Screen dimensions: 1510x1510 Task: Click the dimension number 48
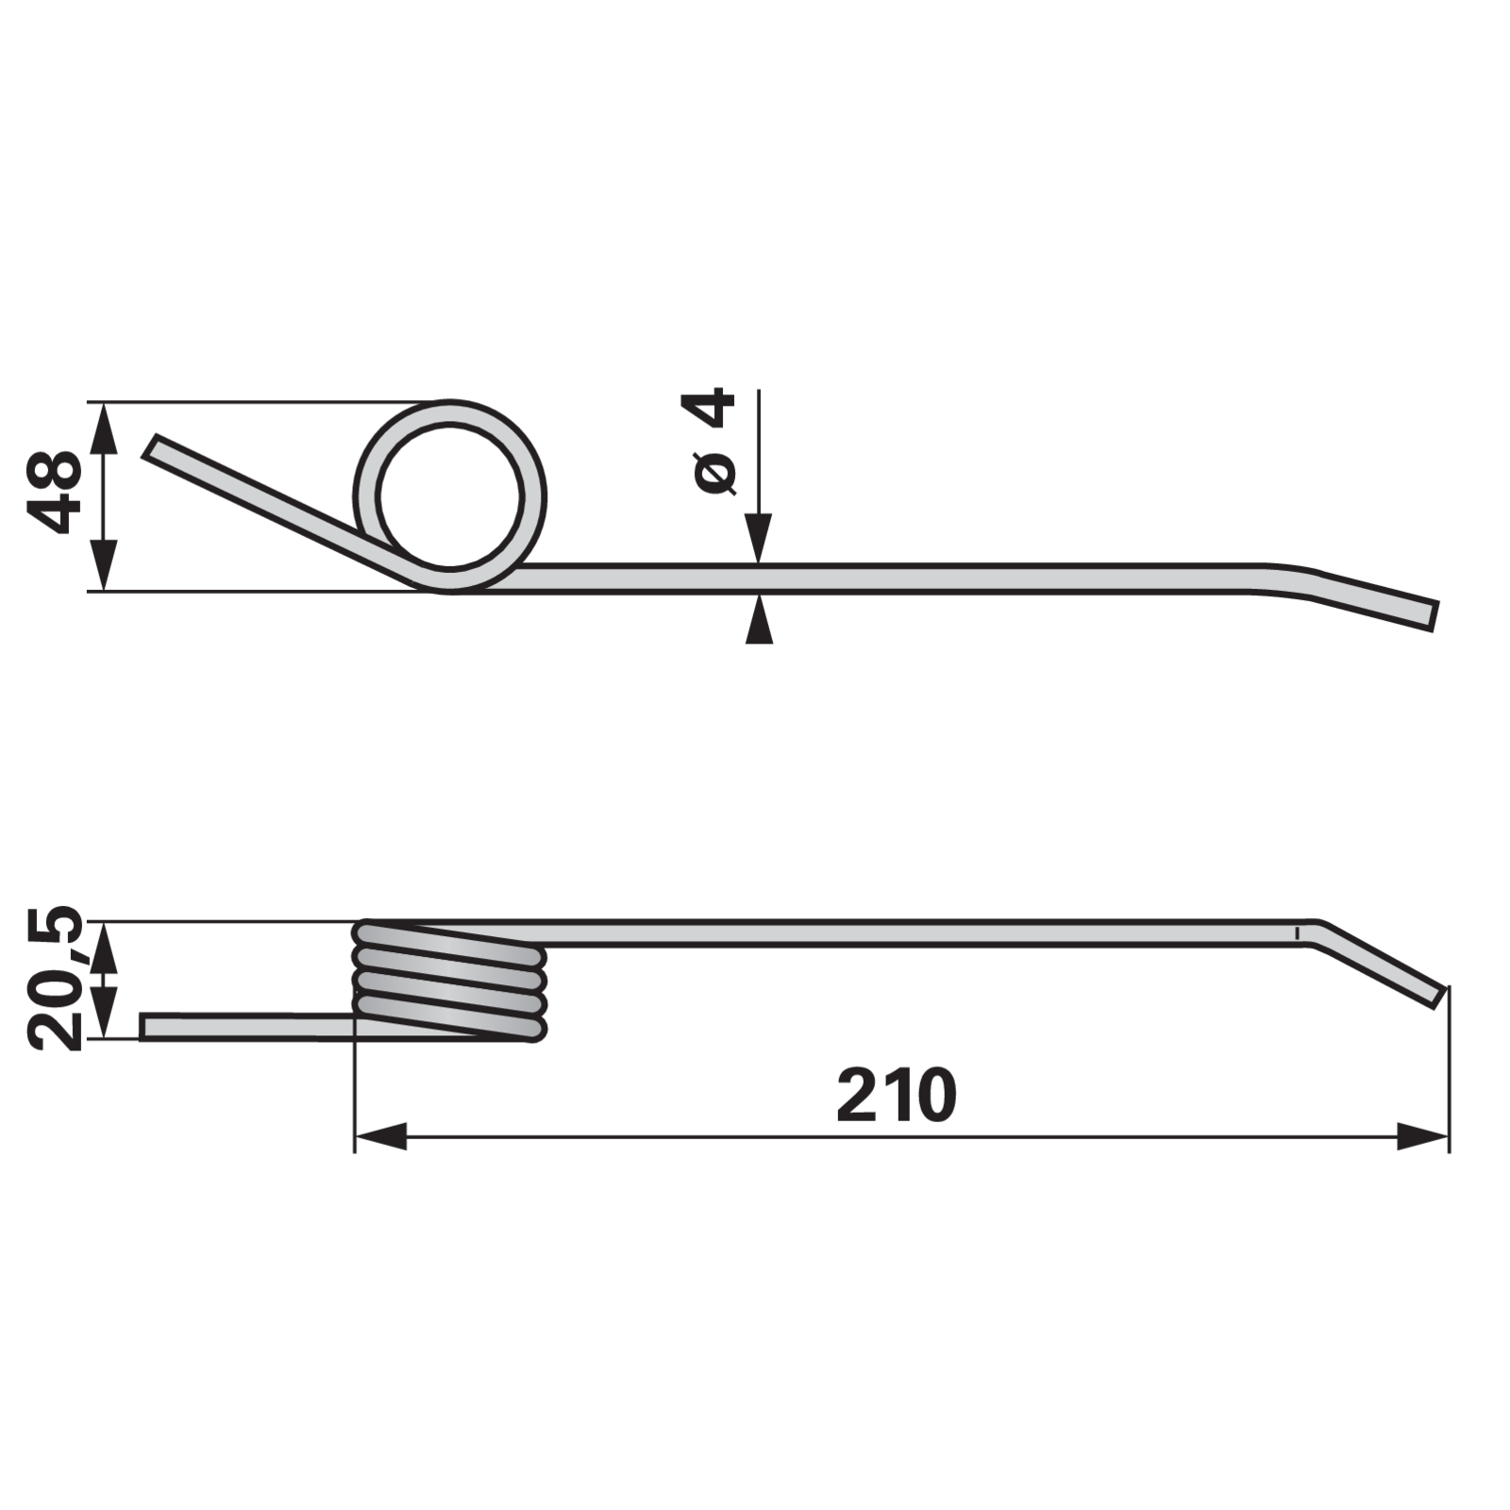(55, 493)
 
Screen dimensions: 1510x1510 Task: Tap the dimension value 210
(897, 1095)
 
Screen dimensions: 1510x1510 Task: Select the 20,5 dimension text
(55, 978)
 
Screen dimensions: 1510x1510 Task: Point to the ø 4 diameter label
(714, 440)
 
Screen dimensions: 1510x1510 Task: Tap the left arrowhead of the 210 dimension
(380, 1136)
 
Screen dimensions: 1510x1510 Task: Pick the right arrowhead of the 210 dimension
(1422, 1136)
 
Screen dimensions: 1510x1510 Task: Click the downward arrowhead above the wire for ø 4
(759, 539)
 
